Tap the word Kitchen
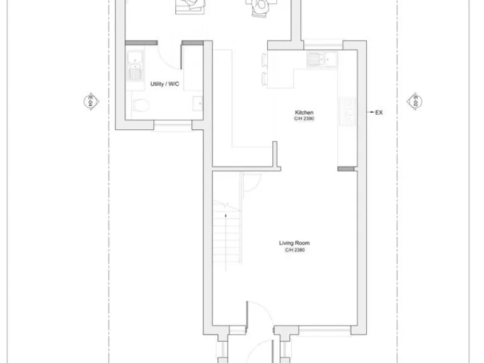(304, 113)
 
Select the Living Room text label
(294, 243)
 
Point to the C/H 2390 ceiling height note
(304, 119)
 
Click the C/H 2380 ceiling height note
(294, 250)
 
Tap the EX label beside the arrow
(379, 113)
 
